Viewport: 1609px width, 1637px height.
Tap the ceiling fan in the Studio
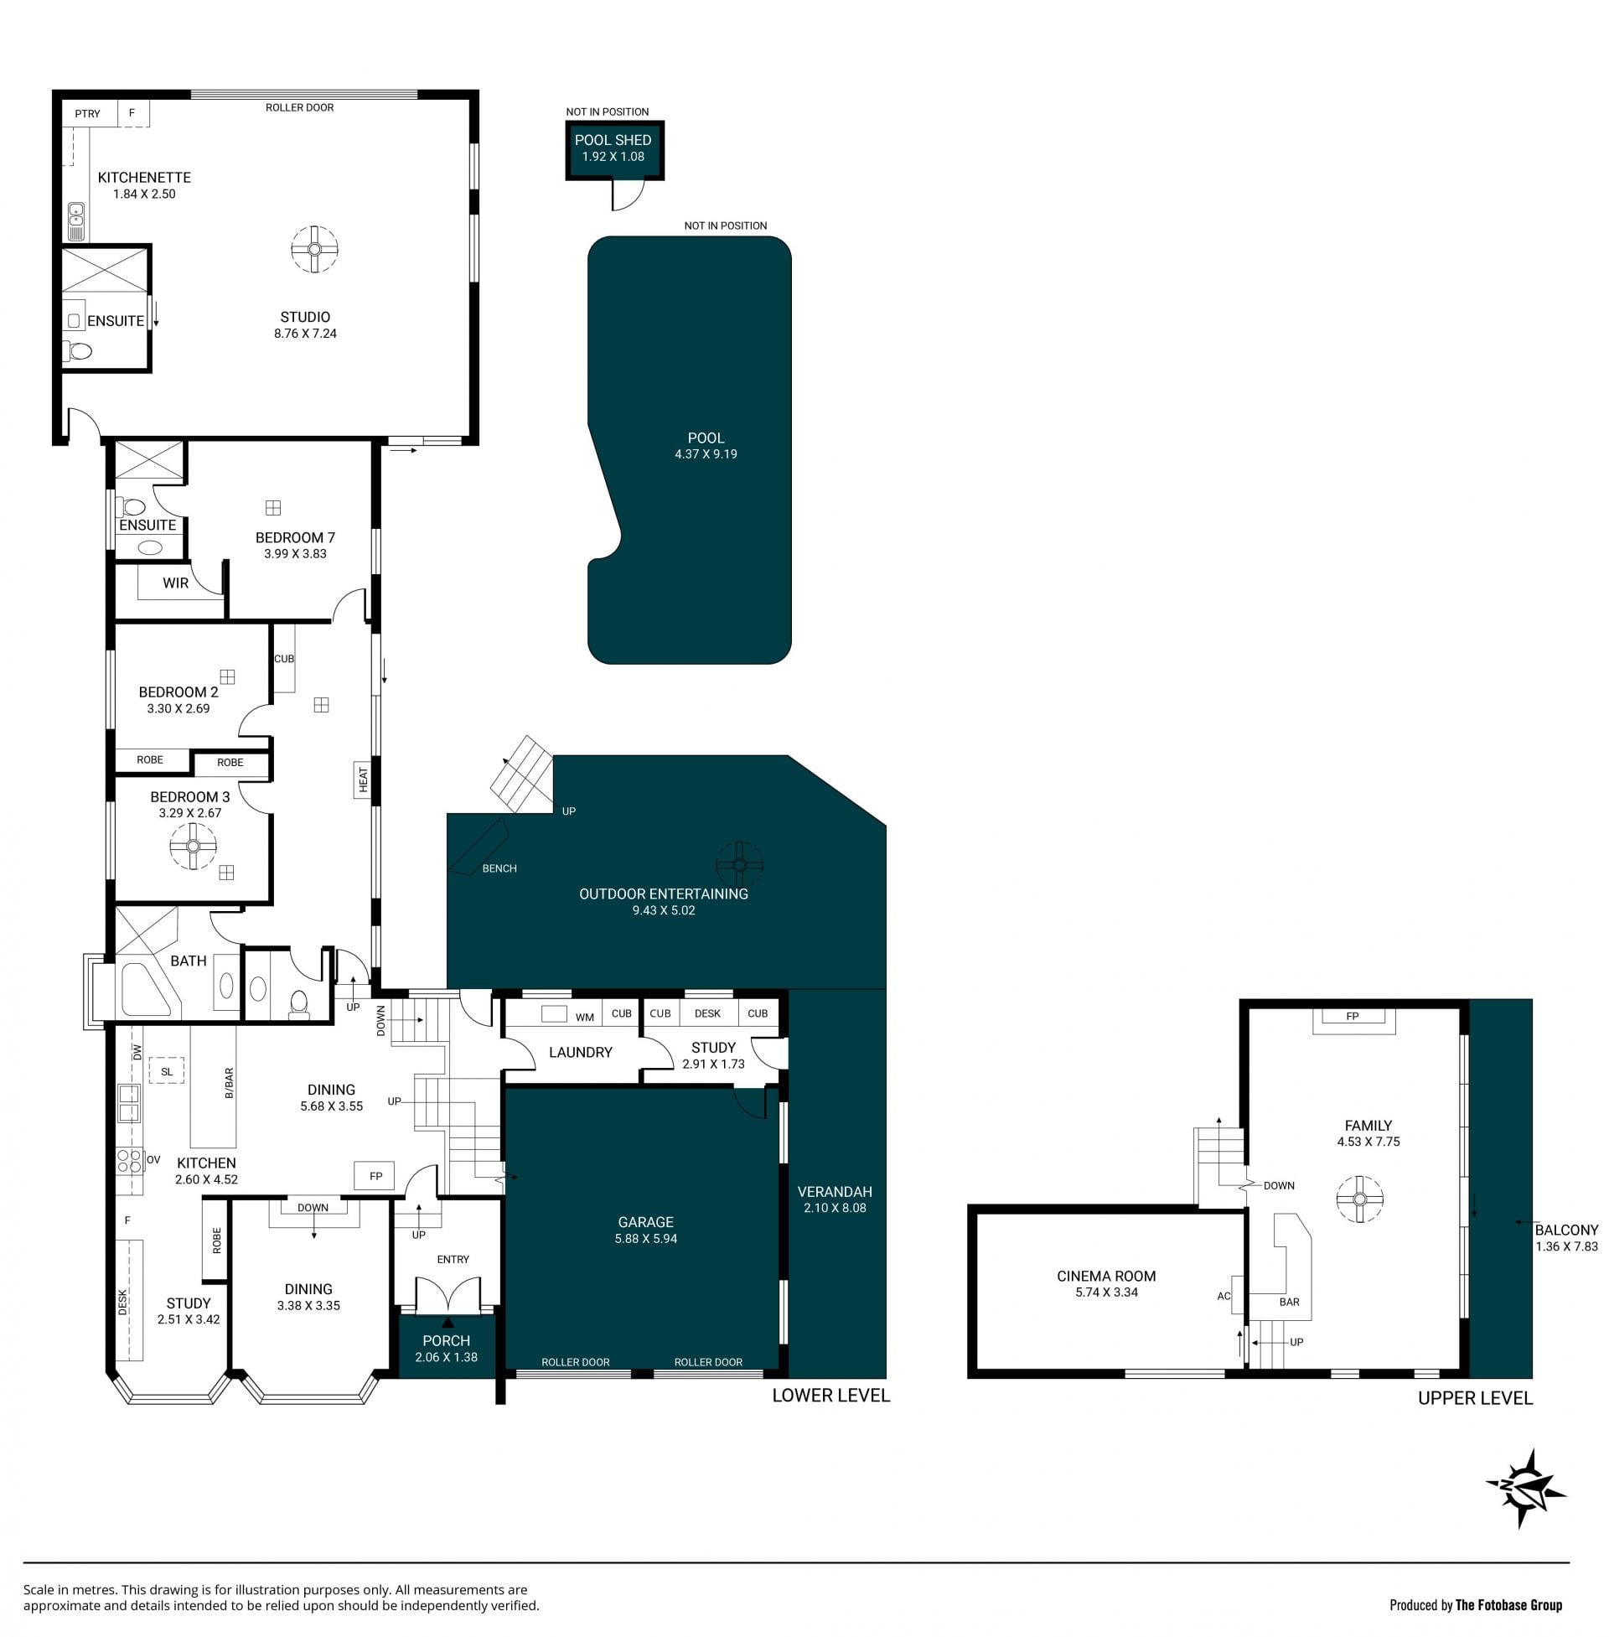314,249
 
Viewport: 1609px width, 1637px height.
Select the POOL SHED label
613,140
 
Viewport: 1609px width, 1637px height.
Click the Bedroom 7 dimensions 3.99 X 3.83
295,553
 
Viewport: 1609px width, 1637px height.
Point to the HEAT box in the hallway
364,780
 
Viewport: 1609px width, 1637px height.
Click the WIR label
176,583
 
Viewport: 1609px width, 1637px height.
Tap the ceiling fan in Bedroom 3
193,846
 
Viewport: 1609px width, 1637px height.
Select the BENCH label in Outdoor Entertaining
499,868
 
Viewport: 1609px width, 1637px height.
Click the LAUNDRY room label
581,1052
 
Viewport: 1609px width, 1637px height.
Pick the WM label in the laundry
585,1018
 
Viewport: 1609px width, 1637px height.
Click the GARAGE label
645,1222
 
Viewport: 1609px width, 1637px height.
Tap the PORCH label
446,1340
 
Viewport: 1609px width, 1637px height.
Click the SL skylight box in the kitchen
167,1071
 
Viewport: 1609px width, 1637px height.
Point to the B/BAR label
229,1084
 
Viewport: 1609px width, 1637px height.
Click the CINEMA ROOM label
1106,1276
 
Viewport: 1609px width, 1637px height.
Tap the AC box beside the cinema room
1236,1295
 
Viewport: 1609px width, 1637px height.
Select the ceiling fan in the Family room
1360,1199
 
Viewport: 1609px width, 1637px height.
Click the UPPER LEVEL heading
1476,1399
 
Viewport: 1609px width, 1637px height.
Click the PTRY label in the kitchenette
87,114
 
